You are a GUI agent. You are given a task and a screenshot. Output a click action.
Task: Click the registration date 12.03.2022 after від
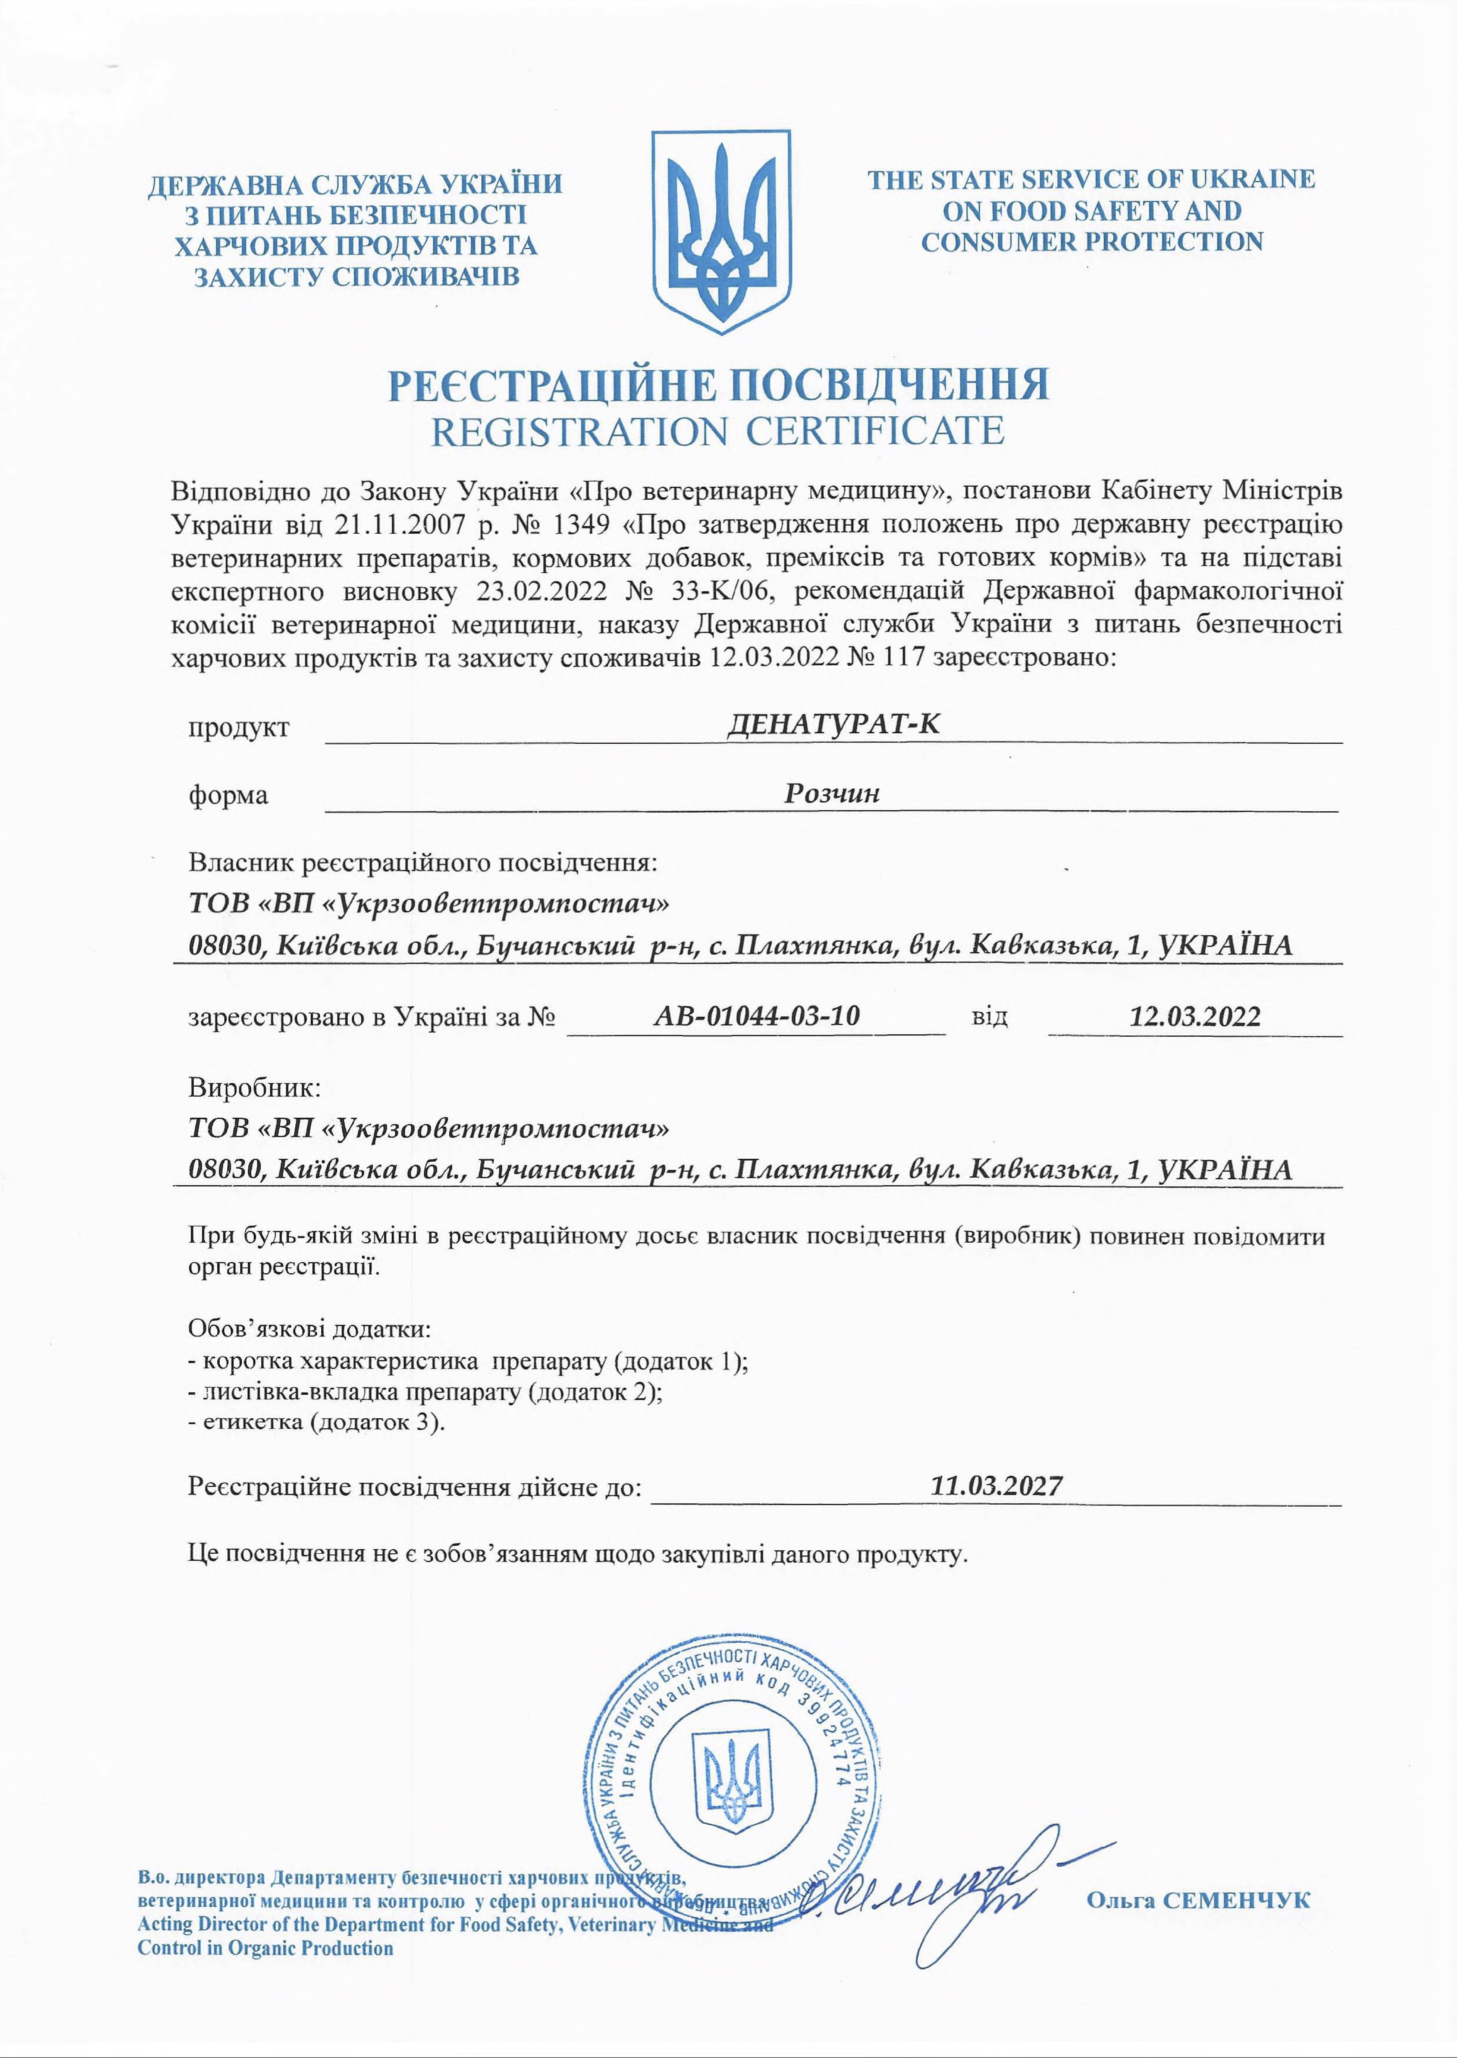click(1194, 1016)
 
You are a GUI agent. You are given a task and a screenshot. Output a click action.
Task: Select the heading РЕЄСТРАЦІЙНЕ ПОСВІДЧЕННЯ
click(718, 384)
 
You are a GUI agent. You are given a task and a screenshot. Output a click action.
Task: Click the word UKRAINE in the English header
click(1252, 179)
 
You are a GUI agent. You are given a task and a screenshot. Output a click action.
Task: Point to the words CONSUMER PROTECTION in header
click(1092, 242)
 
